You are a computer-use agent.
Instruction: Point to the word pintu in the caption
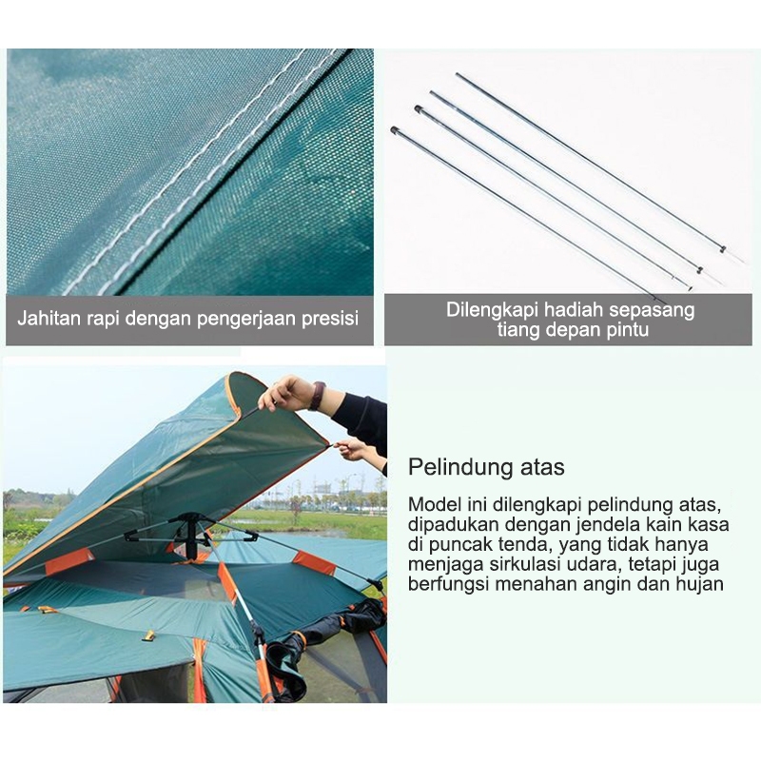point(626,330)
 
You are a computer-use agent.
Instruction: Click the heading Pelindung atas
point(486,467)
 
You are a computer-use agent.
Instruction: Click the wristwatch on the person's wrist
point(318,395)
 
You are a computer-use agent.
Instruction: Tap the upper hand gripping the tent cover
point(286,392)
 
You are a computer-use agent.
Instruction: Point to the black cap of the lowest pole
point(394,129)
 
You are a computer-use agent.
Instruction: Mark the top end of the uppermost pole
point(459,75)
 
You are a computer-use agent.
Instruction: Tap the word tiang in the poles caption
point(518,330)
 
